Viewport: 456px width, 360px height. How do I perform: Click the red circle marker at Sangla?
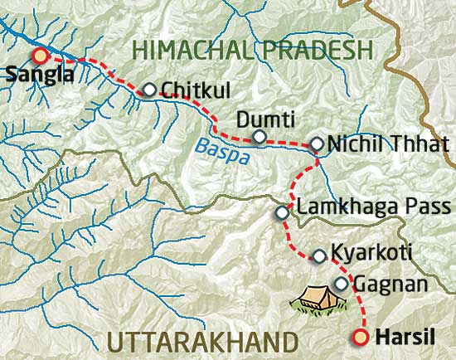39,56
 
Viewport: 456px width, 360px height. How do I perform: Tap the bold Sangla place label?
36,75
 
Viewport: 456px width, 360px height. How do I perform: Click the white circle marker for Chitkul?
149,90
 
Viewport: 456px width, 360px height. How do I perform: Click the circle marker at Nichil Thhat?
316,144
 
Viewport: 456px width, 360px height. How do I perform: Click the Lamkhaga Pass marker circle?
282,212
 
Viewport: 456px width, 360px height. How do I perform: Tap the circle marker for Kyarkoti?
319,255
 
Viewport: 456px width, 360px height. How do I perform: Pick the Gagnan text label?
390,285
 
